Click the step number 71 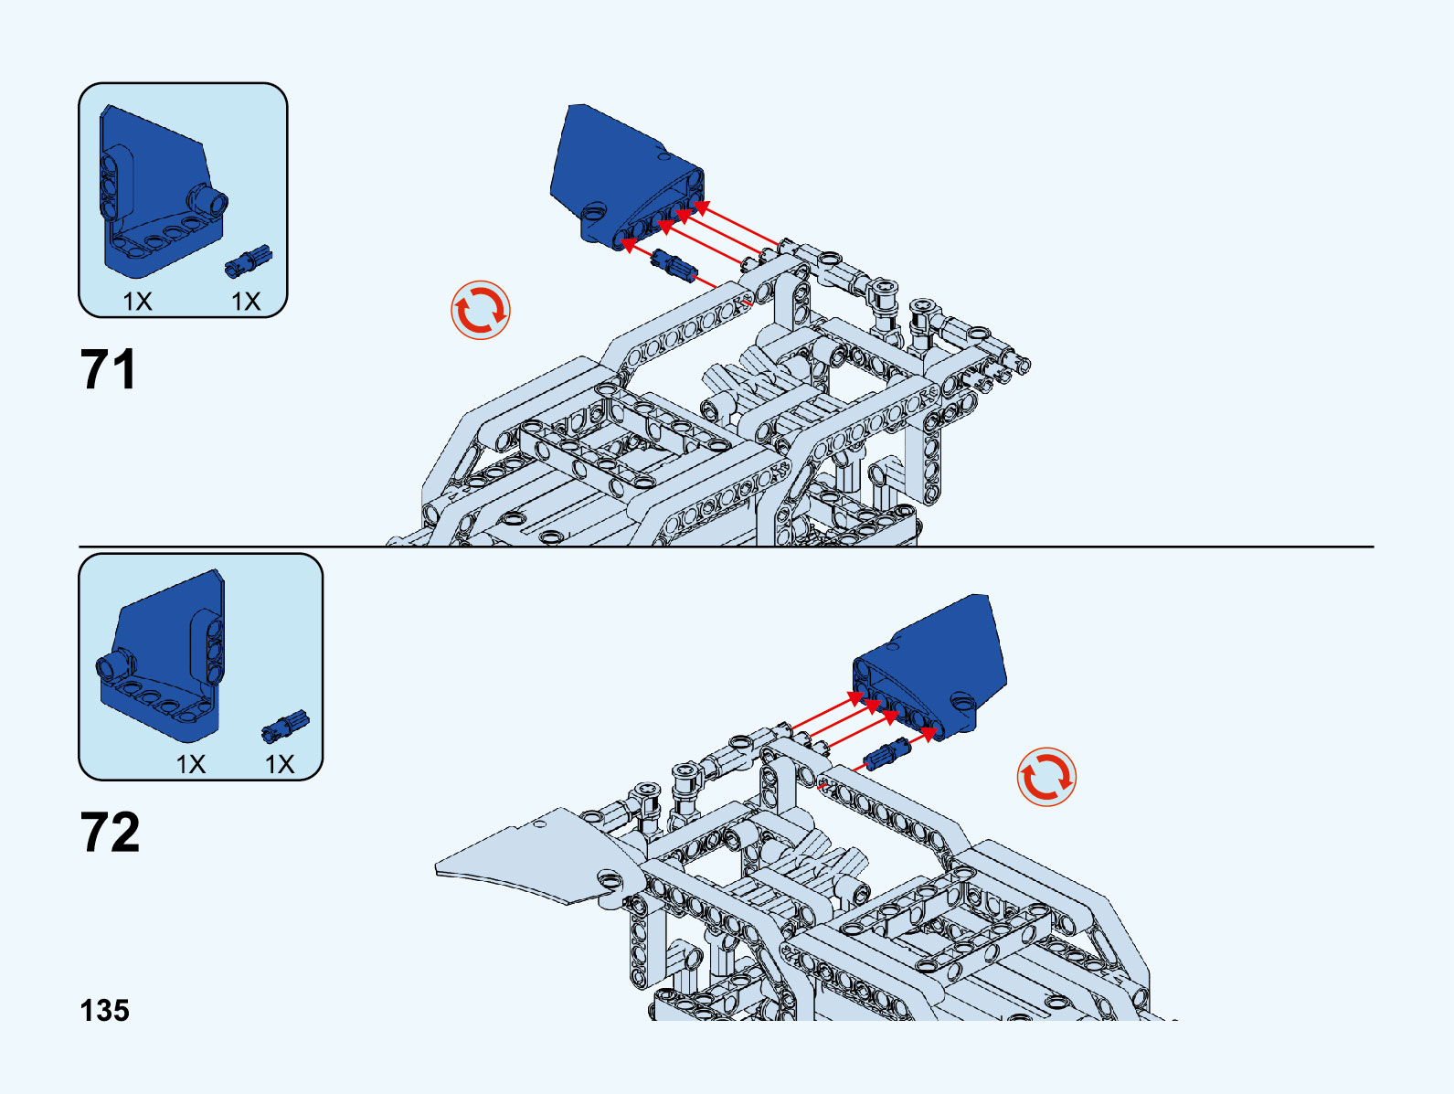tap(108, 369)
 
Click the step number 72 tap(110, 832)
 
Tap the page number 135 tap(105, 1011)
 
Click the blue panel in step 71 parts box tap(159, 192)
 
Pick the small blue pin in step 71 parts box tap(249, 260)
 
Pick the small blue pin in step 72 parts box tap(285, 725)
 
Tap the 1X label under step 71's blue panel tap(137, 302)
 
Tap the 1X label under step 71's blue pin tap(246, 302)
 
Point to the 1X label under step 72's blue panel tap(191, 764)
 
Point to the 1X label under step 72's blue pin tap(280, 764)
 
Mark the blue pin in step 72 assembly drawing tap(887, 754)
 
